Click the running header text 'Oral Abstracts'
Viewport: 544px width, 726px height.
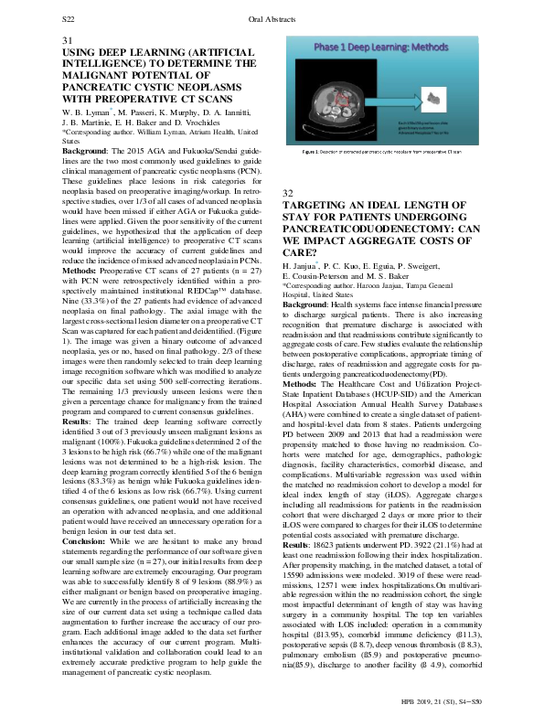pos(272,18)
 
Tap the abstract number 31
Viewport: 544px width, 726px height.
pos(67,41)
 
